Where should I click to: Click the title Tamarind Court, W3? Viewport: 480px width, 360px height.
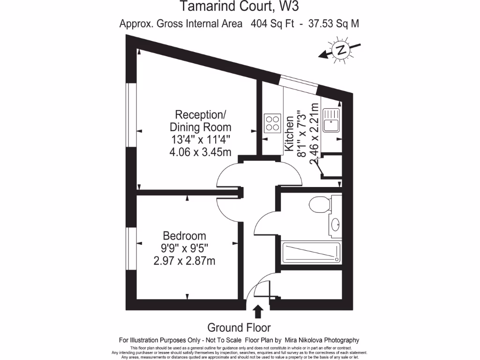coord(240,7)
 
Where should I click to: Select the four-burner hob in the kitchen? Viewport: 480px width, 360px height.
coord(272,123)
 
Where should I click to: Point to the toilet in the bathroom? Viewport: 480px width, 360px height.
coord(320,204)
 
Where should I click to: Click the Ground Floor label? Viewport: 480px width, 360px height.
coord(239,328)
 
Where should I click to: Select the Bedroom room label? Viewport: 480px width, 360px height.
coord(184,236)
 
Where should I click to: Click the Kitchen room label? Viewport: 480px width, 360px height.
coord(290,134)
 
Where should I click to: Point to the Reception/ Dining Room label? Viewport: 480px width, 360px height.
coord(200,121)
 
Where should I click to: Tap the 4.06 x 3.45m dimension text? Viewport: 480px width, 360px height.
coord(200,151)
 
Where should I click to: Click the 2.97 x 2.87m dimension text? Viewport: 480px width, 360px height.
coord(184,261)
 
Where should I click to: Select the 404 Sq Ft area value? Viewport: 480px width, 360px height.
coord(272,23)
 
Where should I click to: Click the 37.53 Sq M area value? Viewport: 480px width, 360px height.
coord(334,23)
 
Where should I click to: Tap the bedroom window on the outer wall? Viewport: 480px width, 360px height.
coord(131,248)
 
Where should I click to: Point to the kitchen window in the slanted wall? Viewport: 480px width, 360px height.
coord(298,82)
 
